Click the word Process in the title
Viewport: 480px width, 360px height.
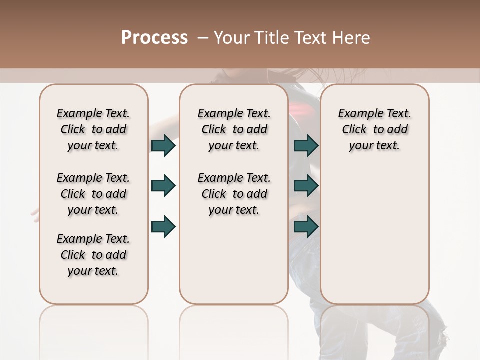tap(154, 38)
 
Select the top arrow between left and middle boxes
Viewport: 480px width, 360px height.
tap(163, 145)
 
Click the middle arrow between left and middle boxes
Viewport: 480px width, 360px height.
tap(163, 186)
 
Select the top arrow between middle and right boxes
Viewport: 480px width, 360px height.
tap(306, 145)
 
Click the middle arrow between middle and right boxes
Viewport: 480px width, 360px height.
tap(306, 186)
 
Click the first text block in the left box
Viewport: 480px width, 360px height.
tap(93, 129)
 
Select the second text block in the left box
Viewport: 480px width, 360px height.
tap(93, 194)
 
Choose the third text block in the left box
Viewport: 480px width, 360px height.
tap(93, 255)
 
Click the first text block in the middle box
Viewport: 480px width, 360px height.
tap(234, 129)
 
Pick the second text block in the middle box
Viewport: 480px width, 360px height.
tap(234, 194)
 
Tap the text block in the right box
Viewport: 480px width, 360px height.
tap(374, 129)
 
